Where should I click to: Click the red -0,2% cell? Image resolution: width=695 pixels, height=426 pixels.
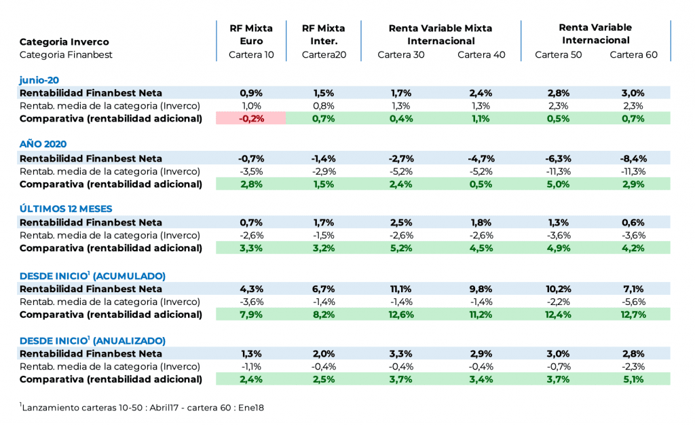coord(251,118)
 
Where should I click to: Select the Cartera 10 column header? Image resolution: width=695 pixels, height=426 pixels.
coord(251,55)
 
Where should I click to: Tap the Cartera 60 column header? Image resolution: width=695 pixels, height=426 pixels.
coord(633,55)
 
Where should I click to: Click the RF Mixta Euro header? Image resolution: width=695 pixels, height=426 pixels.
coord(251,34)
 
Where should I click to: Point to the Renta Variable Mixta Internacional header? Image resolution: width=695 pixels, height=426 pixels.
coord(440,34)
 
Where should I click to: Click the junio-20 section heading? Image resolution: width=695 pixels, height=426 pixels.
coord(39,79)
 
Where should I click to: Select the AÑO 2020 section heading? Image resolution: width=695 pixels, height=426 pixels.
coord(43,144)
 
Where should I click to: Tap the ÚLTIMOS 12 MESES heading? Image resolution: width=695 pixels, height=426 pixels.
coord(66,209)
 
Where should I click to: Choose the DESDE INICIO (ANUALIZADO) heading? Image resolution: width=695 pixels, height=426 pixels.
coord(92,340)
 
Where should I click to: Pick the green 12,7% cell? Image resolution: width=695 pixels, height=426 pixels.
coord(633,315)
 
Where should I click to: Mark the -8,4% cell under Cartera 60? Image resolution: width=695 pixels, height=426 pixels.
coord(633,158)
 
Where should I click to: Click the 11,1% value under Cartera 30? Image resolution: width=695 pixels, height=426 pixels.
coord(400,289)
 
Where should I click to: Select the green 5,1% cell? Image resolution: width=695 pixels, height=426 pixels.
coord(633,380)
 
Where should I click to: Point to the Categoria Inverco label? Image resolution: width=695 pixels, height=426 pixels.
coord(64,42)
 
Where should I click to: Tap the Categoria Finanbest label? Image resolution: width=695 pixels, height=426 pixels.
coord(66,55)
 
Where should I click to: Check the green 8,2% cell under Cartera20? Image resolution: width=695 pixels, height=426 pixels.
coord(324,315)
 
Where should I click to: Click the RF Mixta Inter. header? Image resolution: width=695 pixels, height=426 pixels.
coord(324,34)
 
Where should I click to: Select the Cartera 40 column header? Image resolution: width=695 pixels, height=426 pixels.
coord(481,55)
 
